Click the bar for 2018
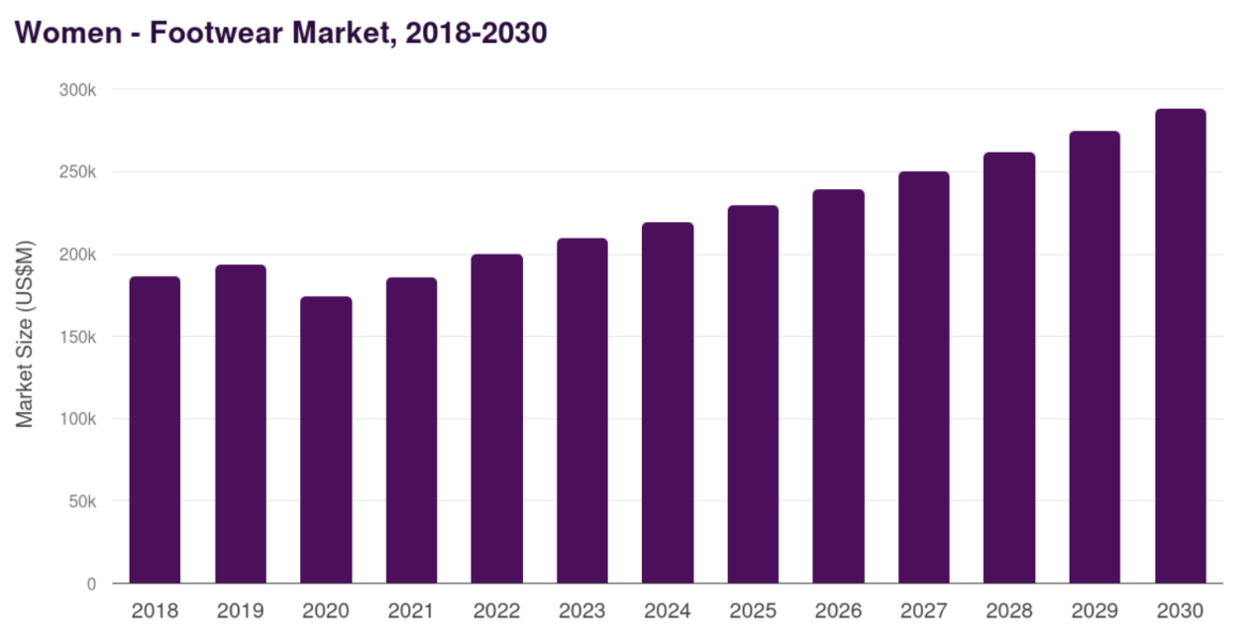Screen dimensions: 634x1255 [155, 430]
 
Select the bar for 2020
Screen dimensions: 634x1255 [326, 440]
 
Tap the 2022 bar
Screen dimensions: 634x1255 [496, 419]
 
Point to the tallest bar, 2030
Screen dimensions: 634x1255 [1180, 346]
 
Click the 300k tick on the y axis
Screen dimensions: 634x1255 [75, 90]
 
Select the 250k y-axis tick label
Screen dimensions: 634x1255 [75, 172]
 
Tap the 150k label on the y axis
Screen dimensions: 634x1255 [75, 337]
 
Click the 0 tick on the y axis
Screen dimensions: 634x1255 [91, 584]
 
